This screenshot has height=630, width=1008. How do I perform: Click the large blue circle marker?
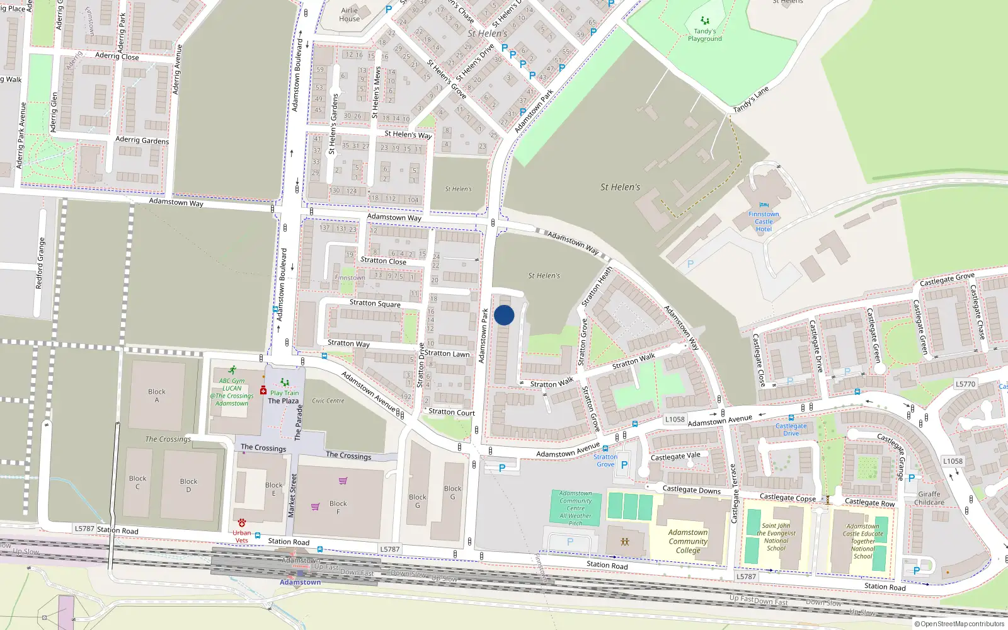point(504,315)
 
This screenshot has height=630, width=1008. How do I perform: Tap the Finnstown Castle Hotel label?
point(764,222)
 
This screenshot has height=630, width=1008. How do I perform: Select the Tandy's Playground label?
point(705,35)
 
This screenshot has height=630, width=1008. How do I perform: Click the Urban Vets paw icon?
point(242,523)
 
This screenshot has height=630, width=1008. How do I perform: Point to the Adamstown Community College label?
point(688,541)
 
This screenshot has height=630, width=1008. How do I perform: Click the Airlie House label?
point(350,14)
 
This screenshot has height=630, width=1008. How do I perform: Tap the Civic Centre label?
point(328,401)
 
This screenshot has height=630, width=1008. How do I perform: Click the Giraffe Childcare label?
point(929,498)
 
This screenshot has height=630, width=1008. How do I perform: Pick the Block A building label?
point(157,396)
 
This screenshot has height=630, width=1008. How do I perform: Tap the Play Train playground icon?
point(285,382)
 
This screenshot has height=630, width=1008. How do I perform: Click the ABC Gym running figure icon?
point(232,370)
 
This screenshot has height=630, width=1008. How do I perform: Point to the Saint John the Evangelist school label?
point(776,537)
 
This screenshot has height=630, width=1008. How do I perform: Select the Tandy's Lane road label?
point(751,100)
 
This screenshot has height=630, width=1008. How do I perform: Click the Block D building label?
point(188,485)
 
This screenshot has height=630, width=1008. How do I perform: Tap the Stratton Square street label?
point(375,304)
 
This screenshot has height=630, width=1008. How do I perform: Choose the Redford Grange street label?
point(41,263)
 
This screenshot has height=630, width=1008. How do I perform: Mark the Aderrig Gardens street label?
point(142,140)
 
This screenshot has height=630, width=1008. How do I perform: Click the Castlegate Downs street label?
point(691,490)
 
